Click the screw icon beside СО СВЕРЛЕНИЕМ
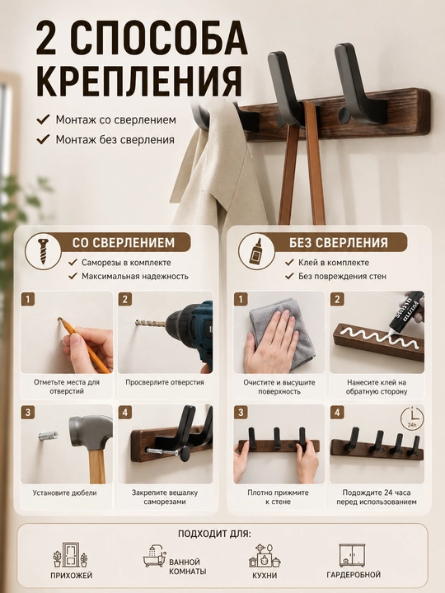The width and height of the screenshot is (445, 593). click(x=44, y=251)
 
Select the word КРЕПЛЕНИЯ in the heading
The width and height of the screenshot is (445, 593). click(x=139, y=82)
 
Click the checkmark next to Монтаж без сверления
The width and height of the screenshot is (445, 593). click(x=43, y=139)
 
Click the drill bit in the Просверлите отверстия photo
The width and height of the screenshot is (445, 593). click(x=150, y=324)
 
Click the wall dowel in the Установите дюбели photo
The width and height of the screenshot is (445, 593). click(x=48, y=436)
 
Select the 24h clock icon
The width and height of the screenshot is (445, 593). click(x=412, y=418)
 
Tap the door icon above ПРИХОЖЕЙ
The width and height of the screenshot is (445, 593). click(x=70, y=555)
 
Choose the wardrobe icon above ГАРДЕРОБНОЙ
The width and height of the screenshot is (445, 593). click(x=352, y=555)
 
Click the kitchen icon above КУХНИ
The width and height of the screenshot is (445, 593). click(x=265, y=556)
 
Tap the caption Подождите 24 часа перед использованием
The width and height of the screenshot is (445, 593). click(x=377, y=497)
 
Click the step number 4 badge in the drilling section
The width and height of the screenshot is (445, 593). click(x=125, y=413)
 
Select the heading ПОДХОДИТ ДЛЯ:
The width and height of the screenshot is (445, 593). click(x=214, y=534)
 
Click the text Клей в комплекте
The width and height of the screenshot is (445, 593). click(x=334, y=263)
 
